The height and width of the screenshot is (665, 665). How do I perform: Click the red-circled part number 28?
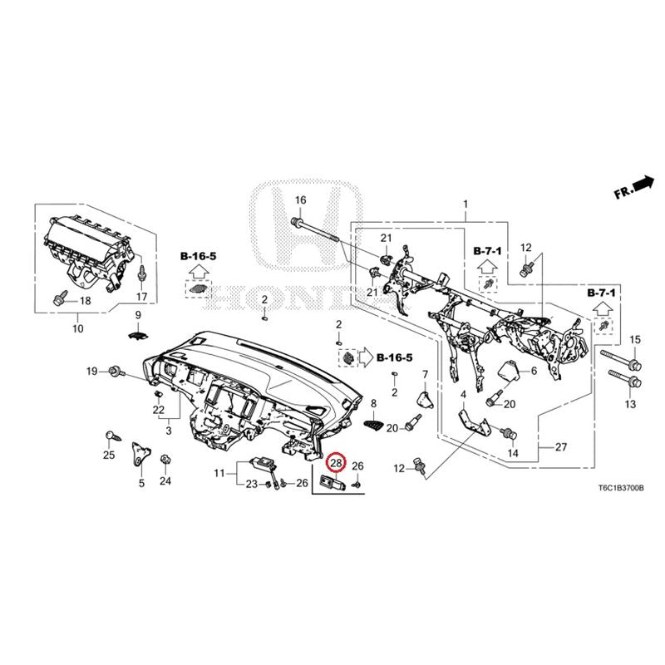click(x=337, y=463)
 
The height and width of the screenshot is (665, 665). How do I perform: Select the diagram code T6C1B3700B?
click(x=621, y=488)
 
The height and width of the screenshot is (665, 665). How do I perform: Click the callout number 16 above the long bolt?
click(x=300, y=199)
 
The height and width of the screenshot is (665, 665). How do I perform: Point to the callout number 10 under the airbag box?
click(x=78, y=328)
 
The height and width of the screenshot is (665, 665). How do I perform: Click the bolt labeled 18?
click(x=59, y=298)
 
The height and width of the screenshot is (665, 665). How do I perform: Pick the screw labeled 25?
click(x=112, y=436)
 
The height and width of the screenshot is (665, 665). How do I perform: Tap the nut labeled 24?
click(x=165, y=460)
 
